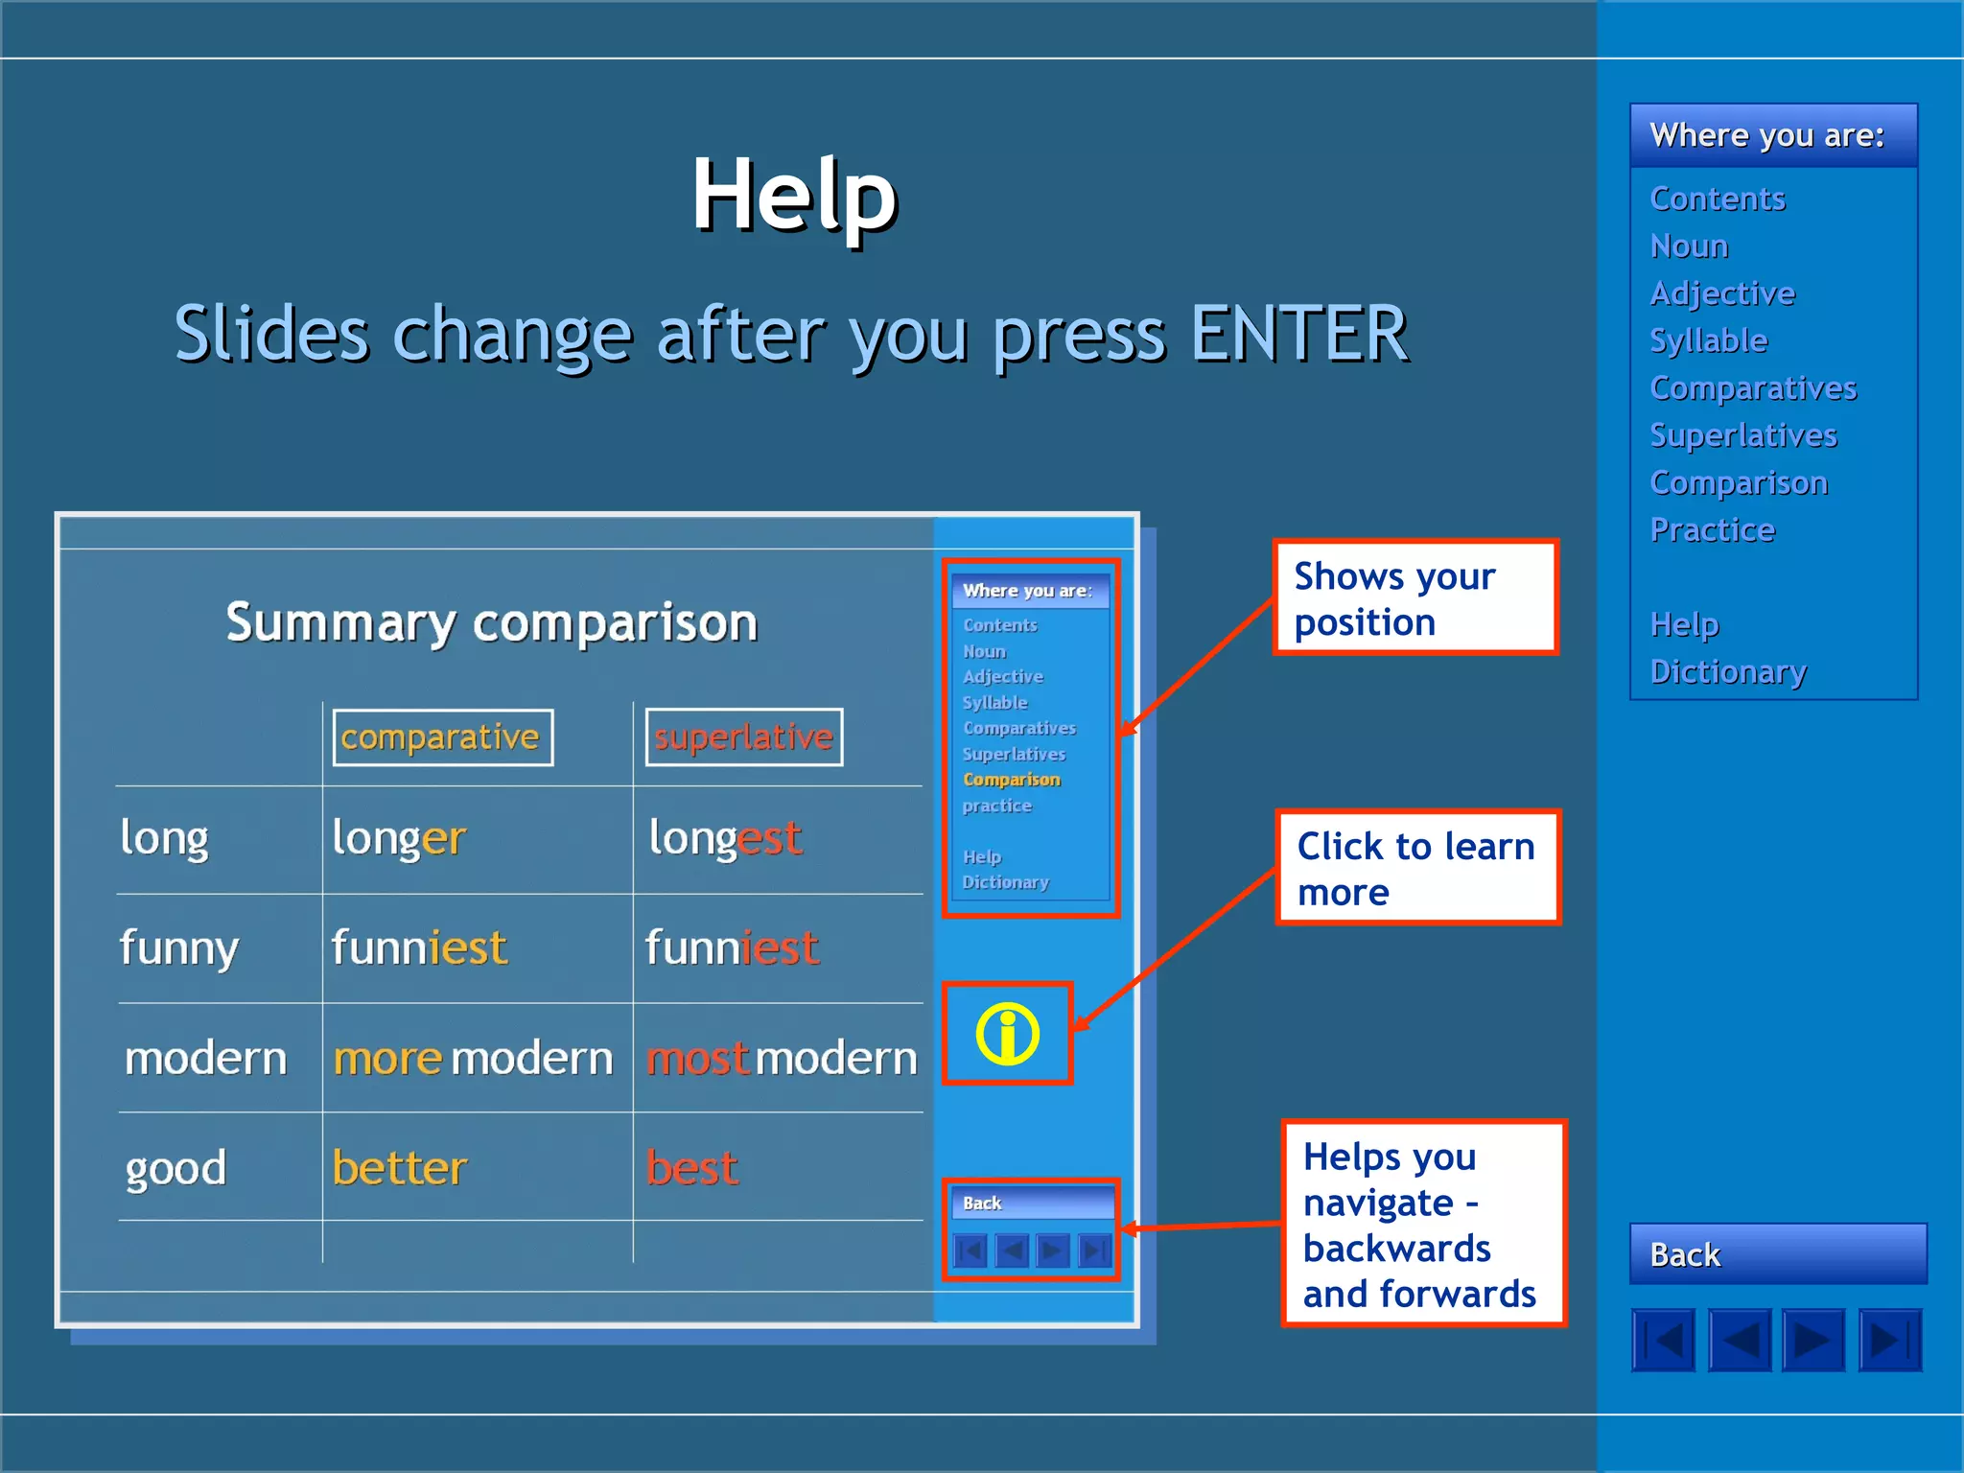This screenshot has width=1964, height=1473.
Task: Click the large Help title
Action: (794, 197)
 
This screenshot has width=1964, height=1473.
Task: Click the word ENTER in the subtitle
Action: (1298, 334)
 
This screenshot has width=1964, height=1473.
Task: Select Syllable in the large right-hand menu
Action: (1708, 340)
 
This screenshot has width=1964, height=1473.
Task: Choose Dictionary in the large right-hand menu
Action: (1728, 671)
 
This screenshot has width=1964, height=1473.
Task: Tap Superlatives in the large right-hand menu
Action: (1742, 435)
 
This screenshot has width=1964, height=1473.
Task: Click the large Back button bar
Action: (1777, 1253)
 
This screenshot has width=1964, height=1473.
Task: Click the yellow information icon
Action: (1007, 1034)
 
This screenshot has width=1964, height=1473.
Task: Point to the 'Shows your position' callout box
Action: (1415, 598)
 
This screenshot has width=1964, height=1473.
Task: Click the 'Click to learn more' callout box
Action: (1416, 868)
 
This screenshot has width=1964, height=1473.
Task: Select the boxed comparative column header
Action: (442, 737)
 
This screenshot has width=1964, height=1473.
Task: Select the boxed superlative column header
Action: (744, 737)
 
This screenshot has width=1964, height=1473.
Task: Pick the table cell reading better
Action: (400, 1168)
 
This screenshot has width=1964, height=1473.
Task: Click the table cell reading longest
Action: (725, 838)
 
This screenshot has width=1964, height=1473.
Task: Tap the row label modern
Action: (205, 1059)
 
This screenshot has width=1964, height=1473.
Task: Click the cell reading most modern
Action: (782, 1059)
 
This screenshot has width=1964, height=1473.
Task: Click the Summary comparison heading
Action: (491, 623)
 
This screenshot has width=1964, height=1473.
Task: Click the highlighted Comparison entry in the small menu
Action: (1011, 780)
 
